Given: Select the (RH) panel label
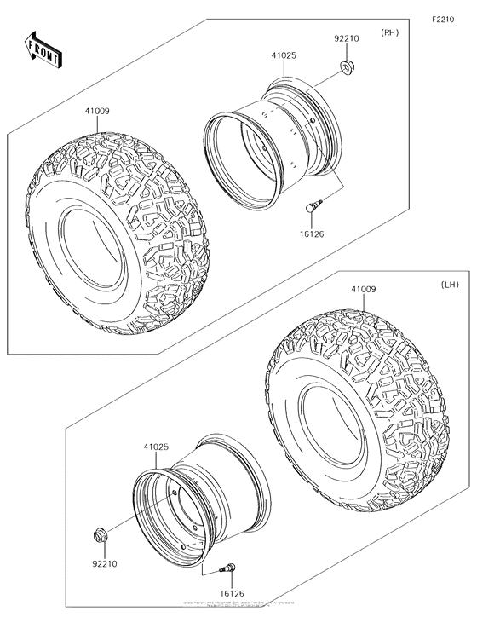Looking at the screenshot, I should tap(390, 33).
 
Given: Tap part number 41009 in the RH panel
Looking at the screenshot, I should tap(96, 110).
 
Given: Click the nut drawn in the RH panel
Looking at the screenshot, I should tap(346, 67).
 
